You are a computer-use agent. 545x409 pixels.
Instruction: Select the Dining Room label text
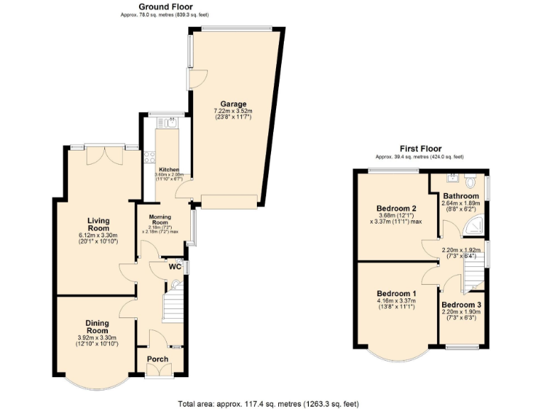click(97, 327)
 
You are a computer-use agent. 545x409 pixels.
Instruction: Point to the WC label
click(175, 267)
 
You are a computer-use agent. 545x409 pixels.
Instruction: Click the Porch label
click(158, 359)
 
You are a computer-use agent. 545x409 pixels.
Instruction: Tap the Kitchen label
click(169, 170)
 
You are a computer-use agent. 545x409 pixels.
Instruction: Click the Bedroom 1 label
click(396, 293)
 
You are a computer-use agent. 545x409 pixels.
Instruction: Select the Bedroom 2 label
click(396, 208)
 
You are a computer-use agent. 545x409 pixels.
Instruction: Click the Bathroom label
click(462, 195)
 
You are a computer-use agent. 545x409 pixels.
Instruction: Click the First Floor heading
click(419, 148)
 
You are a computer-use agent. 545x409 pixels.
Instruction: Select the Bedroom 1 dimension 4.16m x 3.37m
click(396, 301)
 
